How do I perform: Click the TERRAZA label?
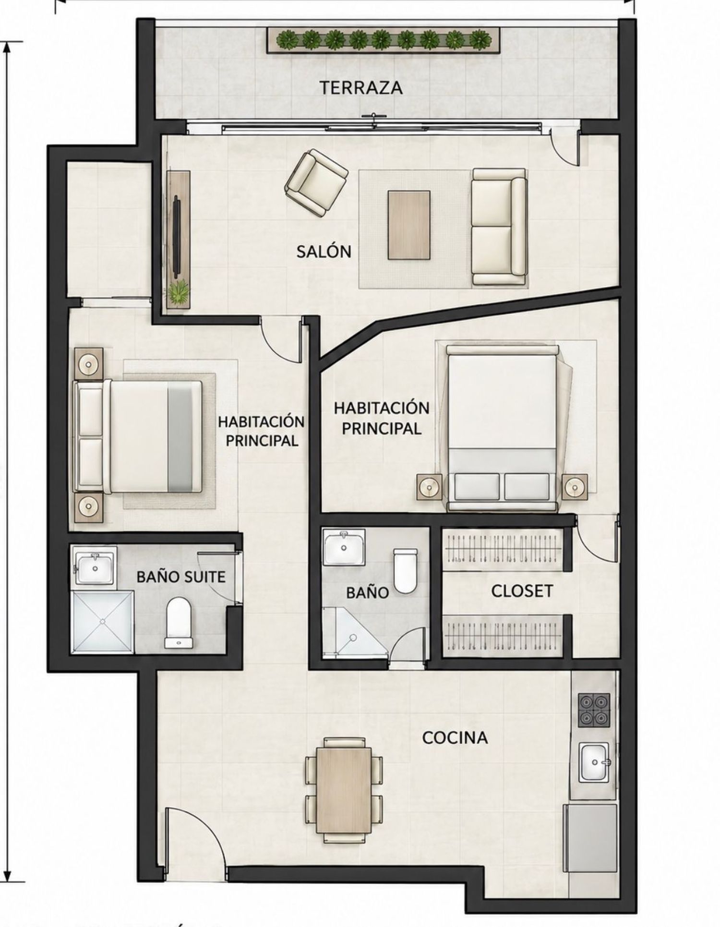(361, 88)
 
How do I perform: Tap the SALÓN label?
(324, 251)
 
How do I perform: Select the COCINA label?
(455, 737)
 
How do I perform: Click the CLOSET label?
(522, 591)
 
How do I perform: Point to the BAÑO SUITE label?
(181, 576)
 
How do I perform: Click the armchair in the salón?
(316, 182)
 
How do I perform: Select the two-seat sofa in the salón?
(499, 227)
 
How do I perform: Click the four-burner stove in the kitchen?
(594, 710)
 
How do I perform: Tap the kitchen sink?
(594, 762)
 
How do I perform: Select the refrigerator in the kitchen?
(589, 831)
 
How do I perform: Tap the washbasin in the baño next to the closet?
(344, 547)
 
